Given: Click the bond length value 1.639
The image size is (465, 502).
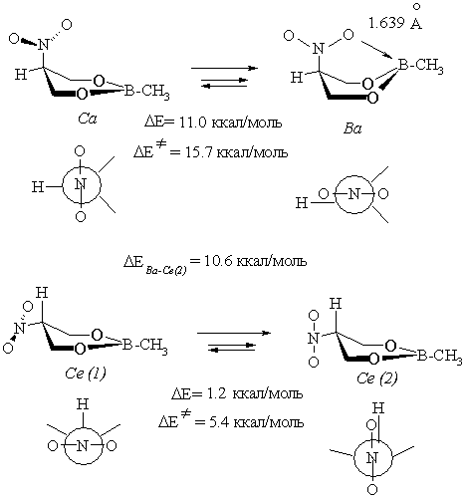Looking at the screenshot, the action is click(x=386, y=23).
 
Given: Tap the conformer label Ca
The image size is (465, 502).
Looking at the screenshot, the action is click(x=88, y=119).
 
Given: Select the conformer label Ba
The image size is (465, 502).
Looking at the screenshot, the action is click(x=352, y=128).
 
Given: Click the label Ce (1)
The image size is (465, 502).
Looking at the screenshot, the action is click(x=86, y=374).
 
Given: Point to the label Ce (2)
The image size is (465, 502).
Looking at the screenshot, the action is click(x=377, y=377).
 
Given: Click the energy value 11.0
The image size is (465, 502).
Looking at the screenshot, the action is click(x=193, y=123).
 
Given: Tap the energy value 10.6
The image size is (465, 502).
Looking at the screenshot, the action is click(x=217, y=261).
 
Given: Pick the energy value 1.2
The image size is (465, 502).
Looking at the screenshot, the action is click(x=217, y=393).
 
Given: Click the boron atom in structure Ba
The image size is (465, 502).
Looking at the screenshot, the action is click(x=403, y=65).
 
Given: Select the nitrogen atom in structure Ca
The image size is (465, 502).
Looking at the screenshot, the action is click(x=43, y=44).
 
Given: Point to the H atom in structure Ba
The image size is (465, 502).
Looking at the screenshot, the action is click(x=297, y=78).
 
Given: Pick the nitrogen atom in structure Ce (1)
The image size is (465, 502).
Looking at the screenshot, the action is click(x=20, y=329).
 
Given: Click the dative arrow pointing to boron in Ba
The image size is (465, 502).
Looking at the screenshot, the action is click(x=377, y=50).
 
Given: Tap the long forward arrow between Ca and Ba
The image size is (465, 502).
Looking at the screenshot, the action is click(x=224, y=68).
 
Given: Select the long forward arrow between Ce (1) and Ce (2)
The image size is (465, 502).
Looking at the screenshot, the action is click(x=234, y=333).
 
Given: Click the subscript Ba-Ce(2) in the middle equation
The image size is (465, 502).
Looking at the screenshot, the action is click(x=166, y=269).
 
